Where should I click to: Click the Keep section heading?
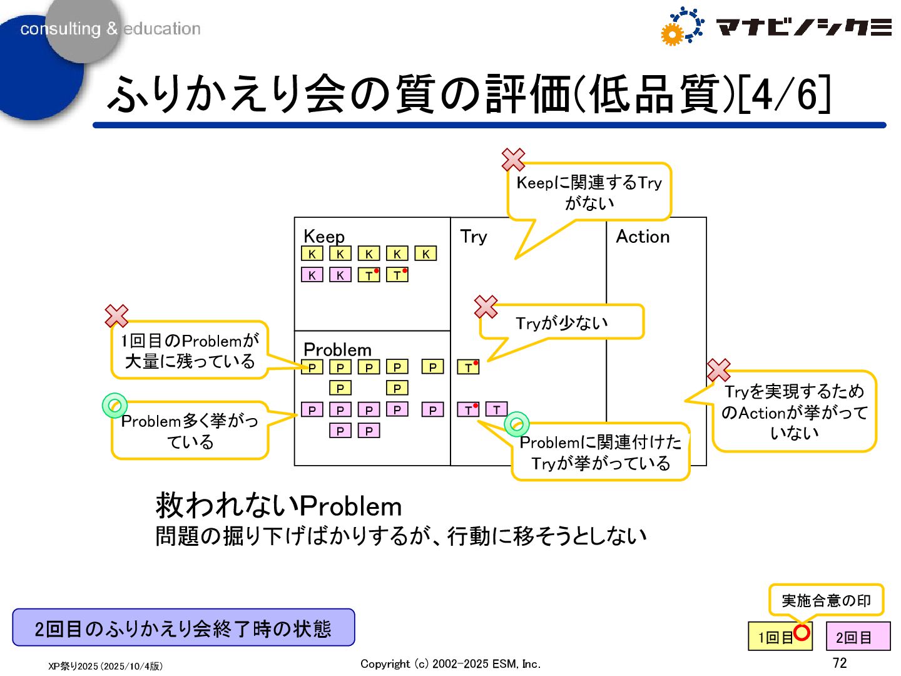[323, 236]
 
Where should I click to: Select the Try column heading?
[473, 236]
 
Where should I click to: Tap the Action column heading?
[643, 236]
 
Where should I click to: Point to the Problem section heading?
[337, 349]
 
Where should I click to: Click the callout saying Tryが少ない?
[561, 323]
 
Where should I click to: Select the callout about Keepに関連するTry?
[589, 192]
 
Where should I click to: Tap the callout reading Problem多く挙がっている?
[190, 431]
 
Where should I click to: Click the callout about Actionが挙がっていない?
[794, 412]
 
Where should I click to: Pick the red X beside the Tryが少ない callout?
[486, 307]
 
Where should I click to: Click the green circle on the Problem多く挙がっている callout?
[115, 406]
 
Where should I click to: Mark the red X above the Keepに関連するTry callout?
[513, 160]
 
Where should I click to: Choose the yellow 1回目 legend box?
[775, 637]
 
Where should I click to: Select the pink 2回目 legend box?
[858, 637]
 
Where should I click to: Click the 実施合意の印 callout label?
[826, 601]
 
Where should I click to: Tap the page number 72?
[839, 663]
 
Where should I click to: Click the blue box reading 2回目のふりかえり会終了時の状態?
[183, 628]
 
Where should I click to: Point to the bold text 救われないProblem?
[278, 506]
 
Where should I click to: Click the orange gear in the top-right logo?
[671, 35]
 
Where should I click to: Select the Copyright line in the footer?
[450, 664]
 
